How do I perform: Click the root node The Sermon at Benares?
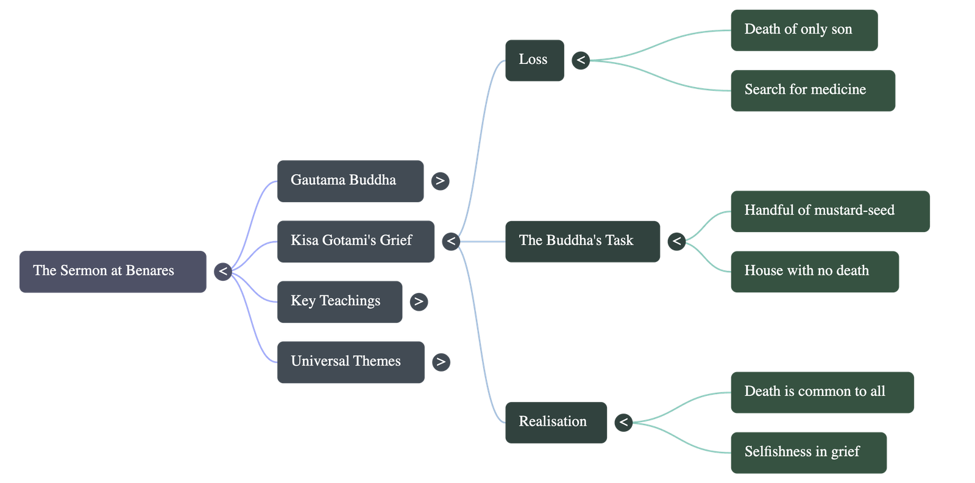click(x=113, y=272)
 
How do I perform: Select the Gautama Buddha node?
click(x=350, y=181)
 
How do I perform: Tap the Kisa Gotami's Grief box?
click(x=356, y=241)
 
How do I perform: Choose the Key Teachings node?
click(x=339, y=301)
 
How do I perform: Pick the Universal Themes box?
click(x=350, y=362)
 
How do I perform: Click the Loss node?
click(x=534, y=60)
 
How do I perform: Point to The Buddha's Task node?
click(x=582, y=241)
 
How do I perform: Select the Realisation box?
click(x=556, y=422)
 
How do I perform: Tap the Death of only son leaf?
click(x=804, y=30)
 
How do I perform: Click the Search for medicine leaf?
click(x=812, y=90)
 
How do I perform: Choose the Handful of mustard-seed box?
click(x=830, y=211)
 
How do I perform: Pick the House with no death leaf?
click(x=814, y=271)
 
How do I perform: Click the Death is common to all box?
click(x=822, y=392)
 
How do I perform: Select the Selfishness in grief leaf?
click(x=808, y=453)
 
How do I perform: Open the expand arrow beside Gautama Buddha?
click(x=440, y=181)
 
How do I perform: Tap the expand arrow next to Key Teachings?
click(x=419, y=301)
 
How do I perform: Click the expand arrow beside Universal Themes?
click(x=441, y=362)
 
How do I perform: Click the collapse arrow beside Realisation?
click(x=623, y=422)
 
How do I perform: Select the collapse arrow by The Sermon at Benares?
click(x=223, y=272)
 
